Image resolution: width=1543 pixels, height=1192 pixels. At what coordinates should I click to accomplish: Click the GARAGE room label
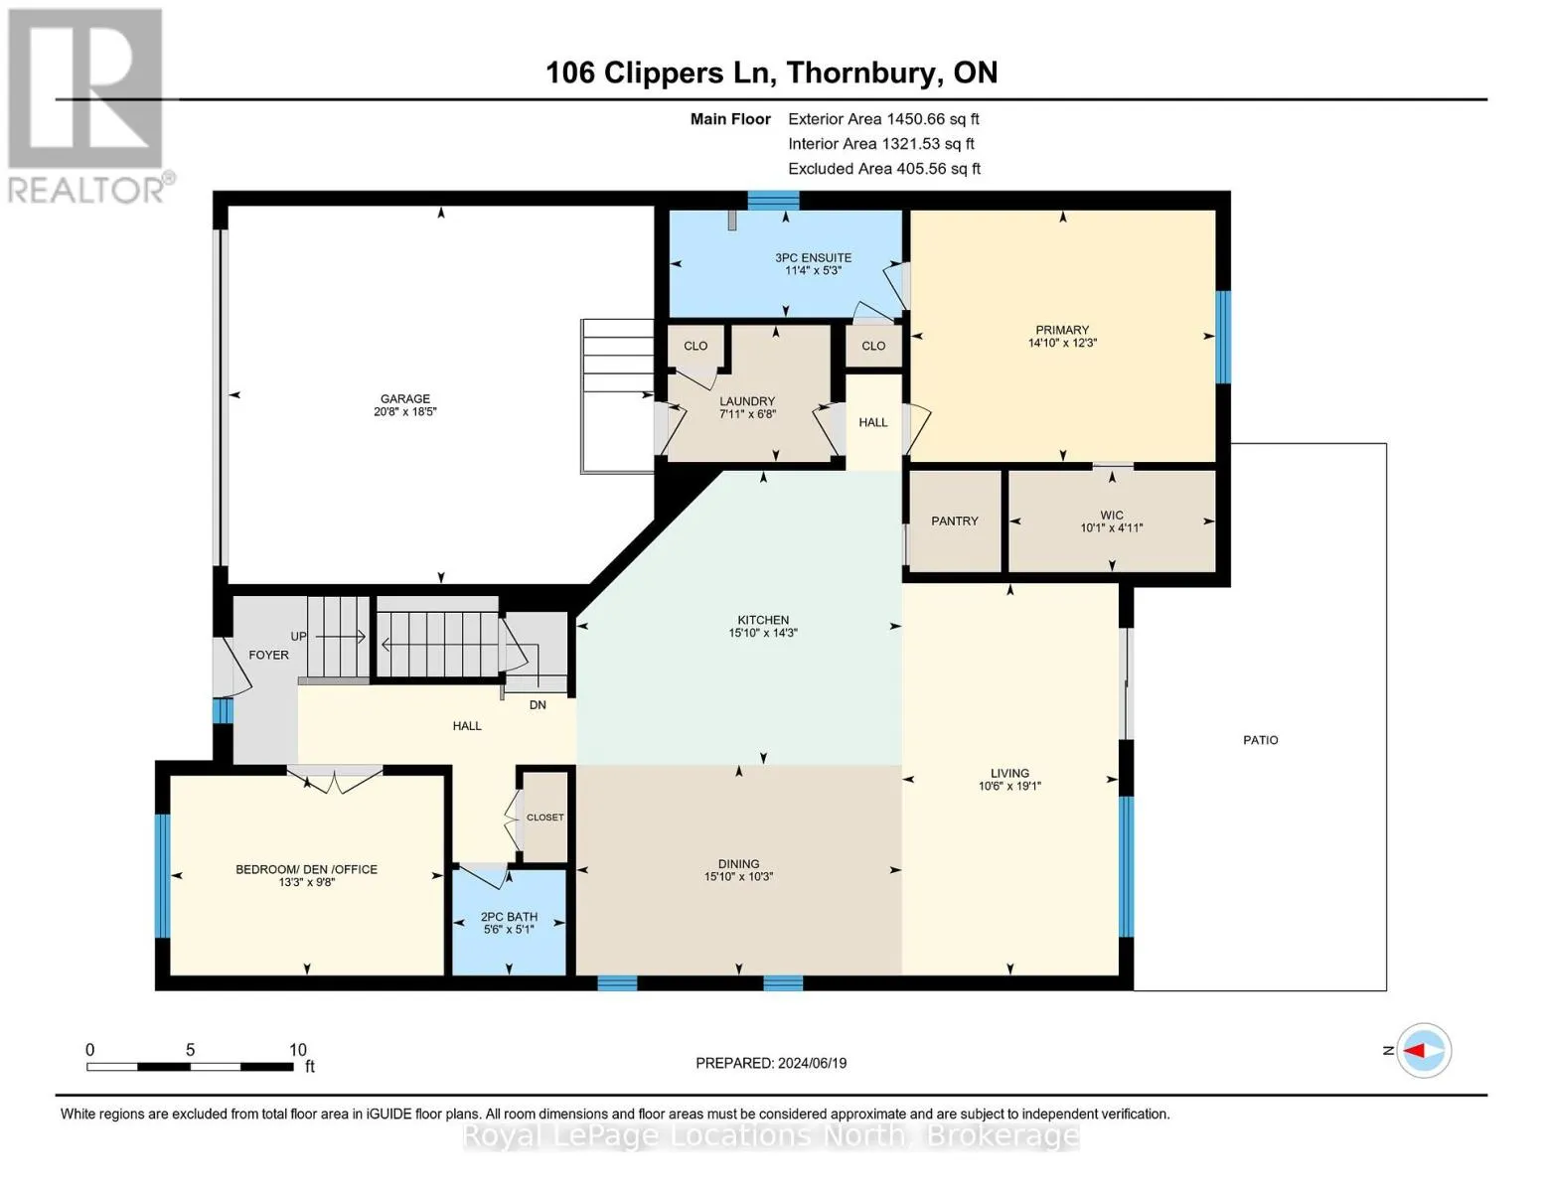pyautogui.click(x=404, y=399)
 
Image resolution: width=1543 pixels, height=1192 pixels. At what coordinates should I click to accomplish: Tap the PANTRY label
pyautogui.click(x=955, y=521)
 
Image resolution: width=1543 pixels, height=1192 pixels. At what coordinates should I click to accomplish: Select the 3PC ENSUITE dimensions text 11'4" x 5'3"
pyautogui.click(x=813, y=270)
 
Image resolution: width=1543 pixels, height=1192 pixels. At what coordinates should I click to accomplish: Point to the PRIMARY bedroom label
pyautogui.click(x=1061, y=330)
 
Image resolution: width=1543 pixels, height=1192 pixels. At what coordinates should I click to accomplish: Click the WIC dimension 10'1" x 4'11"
pyautogui.click(x=1111, y=527)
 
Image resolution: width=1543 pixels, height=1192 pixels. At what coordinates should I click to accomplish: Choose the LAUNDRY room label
pyautogui.click(x=747, y=401)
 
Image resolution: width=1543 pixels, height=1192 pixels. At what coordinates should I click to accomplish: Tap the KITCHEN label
pyautogui.click(x=763, y=620)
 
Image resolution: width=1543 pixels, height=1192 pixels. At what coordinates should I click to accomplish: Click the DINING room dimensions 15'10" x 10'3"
pyautogui.click(x=738, y=876)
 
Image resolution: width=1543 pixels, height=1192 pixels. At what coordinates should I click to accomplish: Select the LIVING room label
pyautogui.click(x=1009, y=773)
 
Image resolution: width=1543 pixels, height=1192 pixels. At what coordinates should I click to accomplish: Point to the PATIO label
pyautogui.click(x=1261, y=740)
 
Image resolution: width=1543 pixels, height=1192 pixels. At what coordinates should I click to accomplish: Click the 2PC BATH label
pyautogui.click(x=509, y=917)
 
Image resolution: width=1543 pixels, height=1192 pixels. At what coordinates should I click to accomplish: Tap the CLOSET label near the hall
pyautogui.click(x=544, y=818)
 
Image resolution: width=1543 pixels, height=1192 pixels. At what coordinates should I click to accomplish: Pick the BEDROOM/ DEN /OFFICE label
pyautogui.click(x=306, y=870)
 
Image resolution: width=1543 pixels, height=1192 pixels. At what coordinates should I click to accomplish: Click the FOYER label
pyautogui.click(x=268, y=655)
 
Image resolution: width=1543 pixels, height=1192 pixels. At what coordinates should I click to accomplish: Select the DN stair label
pyautogui.click(x=538, y=705)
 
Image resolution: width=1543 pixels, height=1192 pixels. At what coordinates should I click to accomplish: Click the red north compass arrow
pyautogui.click(x=1414, y=1051)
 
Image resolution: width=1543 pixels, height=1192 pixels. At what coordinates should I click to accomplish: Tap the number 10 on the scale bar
pyautogui.click(x=297, y=1049)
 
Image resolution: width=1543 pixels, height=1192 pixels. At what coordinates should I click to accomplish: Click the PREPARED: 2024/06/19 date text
pyautogui.click(x=771, y=1063)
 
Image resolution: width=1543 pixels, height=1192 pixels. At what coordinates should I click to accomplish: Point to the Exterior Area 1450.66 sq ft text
pyautogui.click(x=883, y=119)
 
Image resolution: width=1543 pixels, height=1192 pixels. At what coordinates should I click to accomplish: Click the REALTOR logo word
pyautogui.click(x=85, y=190)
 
